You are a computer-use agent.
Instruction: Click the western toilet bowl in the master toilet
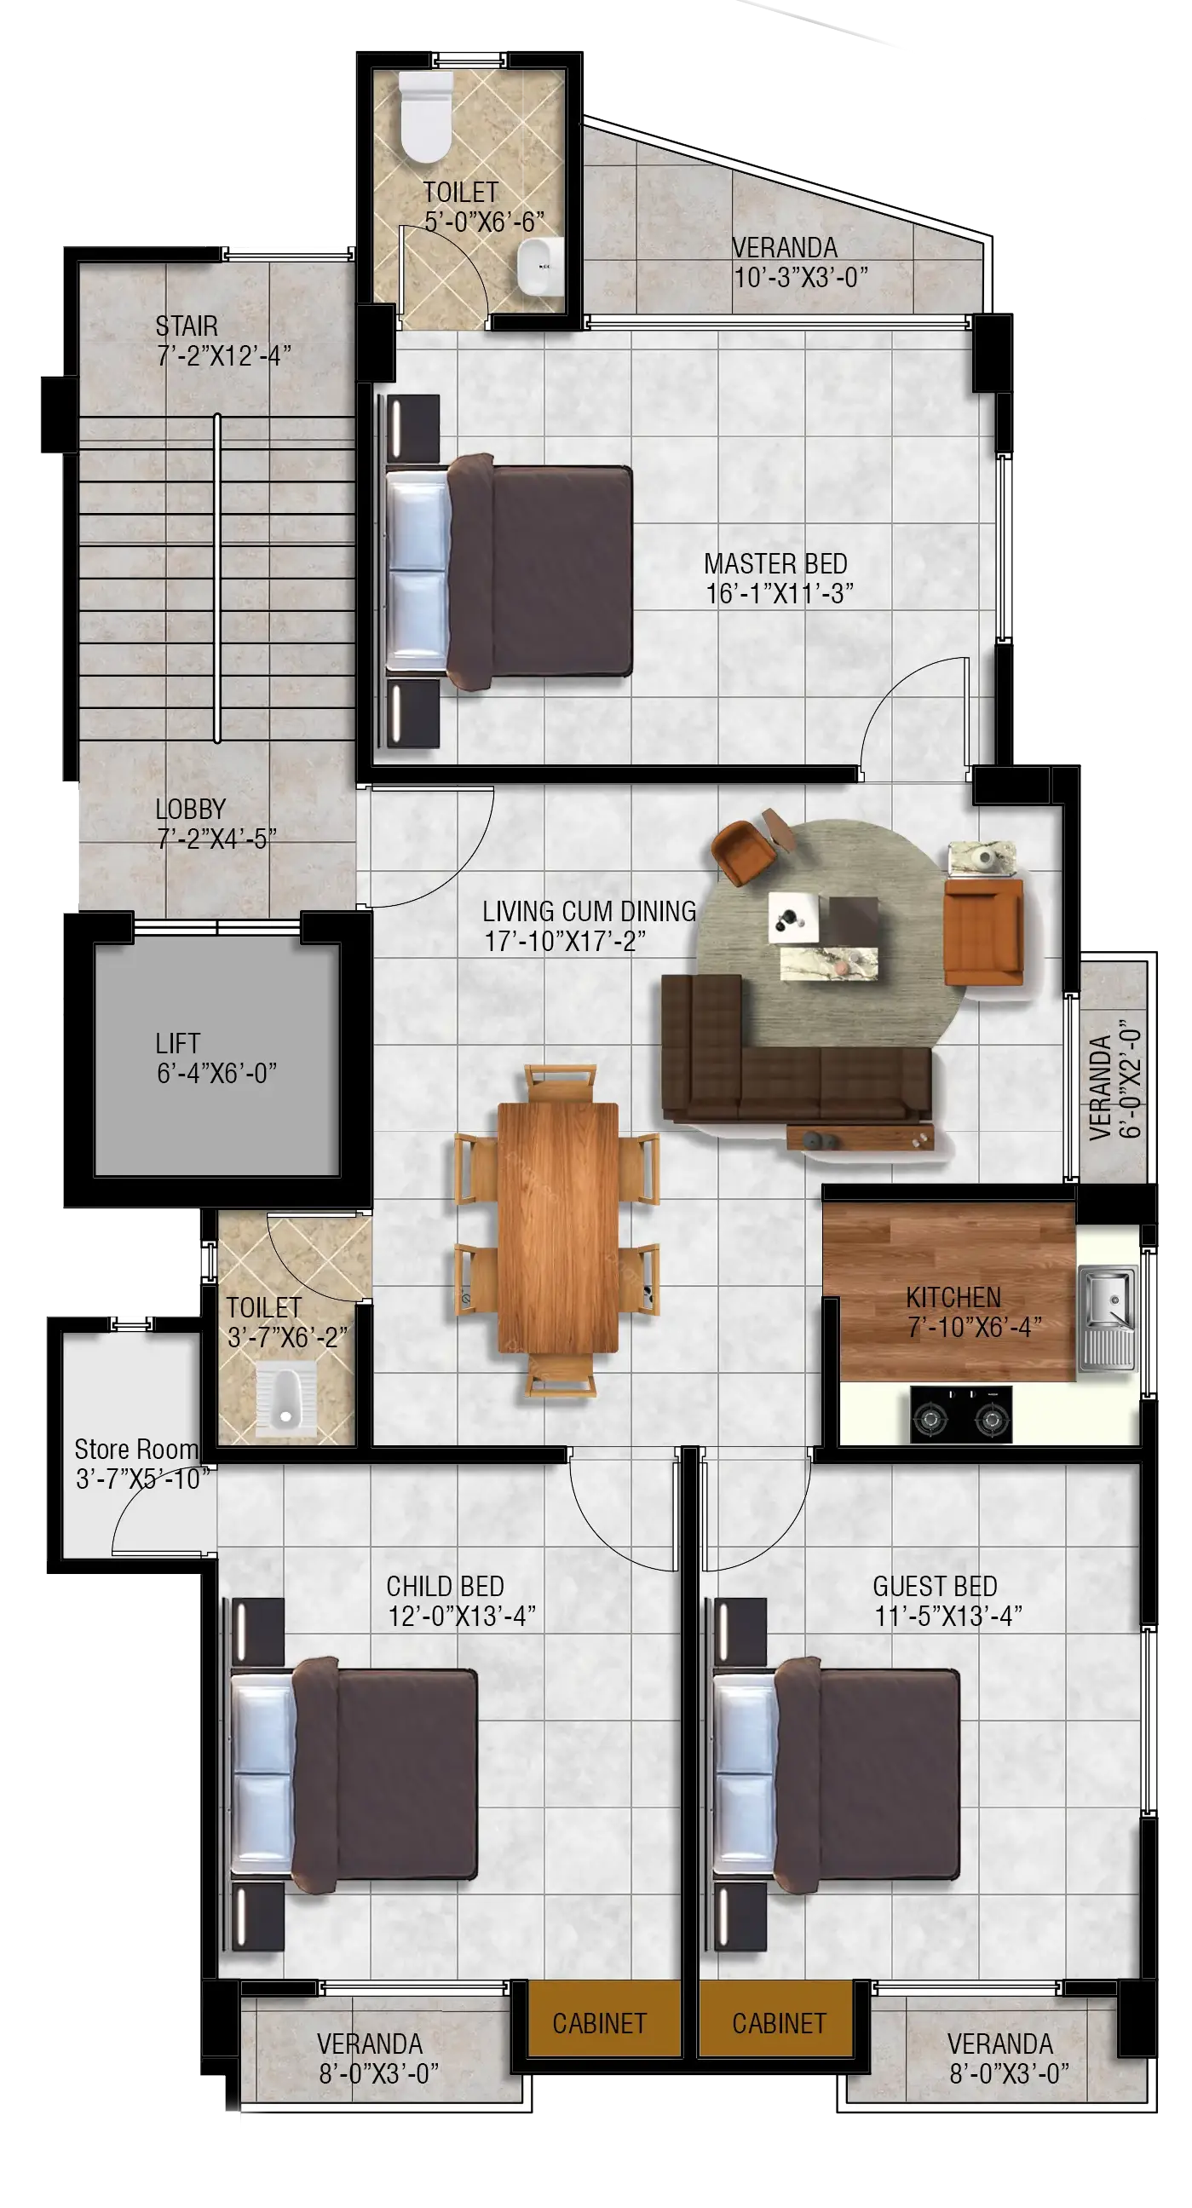tap(426, 117)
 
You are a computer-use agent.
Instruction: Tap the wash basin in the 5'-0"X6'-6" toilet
tap(540, 266)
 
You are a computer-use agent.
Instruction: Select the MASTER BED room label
tap(775, 564)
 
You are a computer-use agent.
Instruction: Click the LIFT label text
tap(177, 1043)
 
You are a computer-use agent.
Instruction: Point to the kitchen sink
tap(1106, 1317)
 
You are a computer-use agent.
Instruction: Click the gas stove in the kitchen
tap(960, 1415)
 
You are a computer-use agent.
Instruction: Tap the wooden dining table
tap(558, 1227)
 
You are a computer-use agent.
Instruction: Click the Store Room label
tap(136, 1450)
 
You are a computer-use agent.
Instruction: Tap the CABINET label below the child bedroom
tap(599, 2024)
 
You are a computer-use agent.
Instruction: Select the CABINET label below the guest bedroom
tap(779, 2024)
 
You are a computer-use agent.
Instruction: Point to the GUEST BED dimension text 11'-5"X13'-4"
tap(948, 1616)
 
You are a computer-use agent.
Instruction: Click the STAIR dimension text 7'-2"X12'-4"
tap(224, 355)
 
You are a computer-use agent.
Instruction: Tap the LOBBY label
tap(190, 808)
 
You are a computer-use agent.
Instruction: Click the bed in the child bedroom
tap(354, 1773)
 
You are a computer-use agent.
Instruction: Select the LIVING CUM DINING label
tap(590, 911)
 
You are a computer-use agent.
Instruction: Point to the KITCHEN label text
tap(953, 1297)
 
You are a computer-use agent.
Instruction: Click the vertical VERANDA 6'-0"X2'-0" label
tap(1114, 1079)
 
